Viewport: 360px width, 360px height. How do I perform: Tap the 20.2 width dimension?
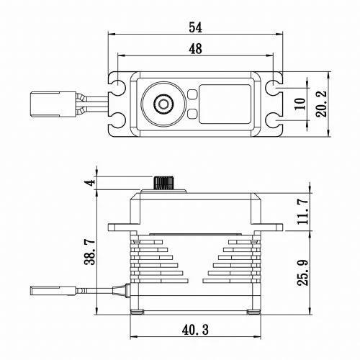pyautogui.click(x=322, y=103)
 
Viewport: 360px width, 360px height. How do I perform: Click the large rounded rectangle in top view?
pyautogui.click(x=224, y=104)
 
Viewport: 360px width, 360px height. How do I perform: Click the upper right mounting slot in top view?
pyautogui.click(x=274, y=87)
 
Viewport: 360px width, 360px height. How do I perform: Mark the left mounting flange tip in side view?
pyautogui.click(x=112, y=228)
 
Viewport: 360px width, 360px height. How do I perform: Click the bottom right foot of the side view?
pyautogui.click(x=254, y=312)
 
